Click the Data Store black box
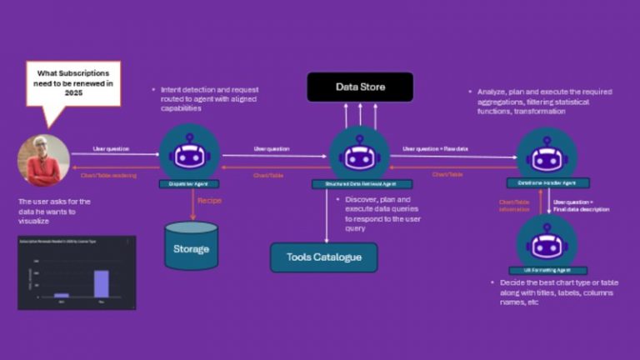pos(360,87)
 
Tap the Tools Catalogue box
pos(323,257)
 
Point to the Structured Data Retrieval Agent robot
pos(359,153)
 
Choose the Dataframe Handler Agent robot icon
pos(546,153)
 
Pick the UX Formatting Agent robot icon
pos(546,242)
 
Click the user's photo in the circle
pos(43,161)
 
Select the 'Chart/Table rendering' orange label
pos(105,175)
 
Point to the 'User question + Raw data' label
pos(434,148)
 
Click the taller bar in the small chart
pos(102,283)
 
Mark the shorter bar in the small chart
pos(61,295)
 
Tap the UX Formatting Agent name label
pos(546,272)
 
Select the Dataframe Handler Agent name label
pos(547,183)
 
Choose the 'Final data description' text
pos(582,210)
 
